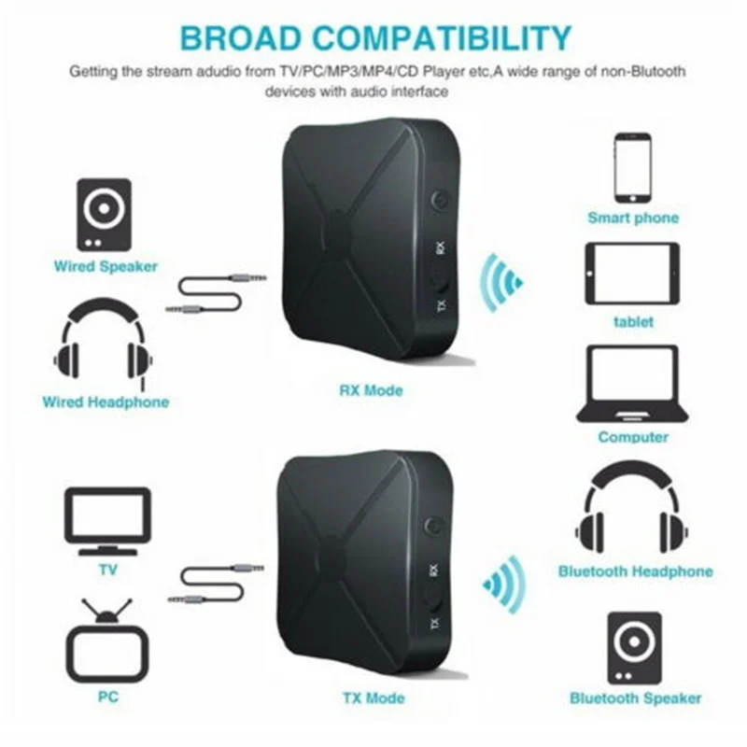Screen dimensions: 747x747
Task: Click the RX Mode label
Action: pos(371,389)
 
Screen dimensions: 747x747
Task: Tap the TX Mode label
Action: pos(373,698)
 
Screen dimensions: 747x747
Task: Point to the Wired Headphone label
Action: pos(106,402)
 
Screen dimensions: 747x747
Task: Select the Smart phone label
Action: pos(632,218)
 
